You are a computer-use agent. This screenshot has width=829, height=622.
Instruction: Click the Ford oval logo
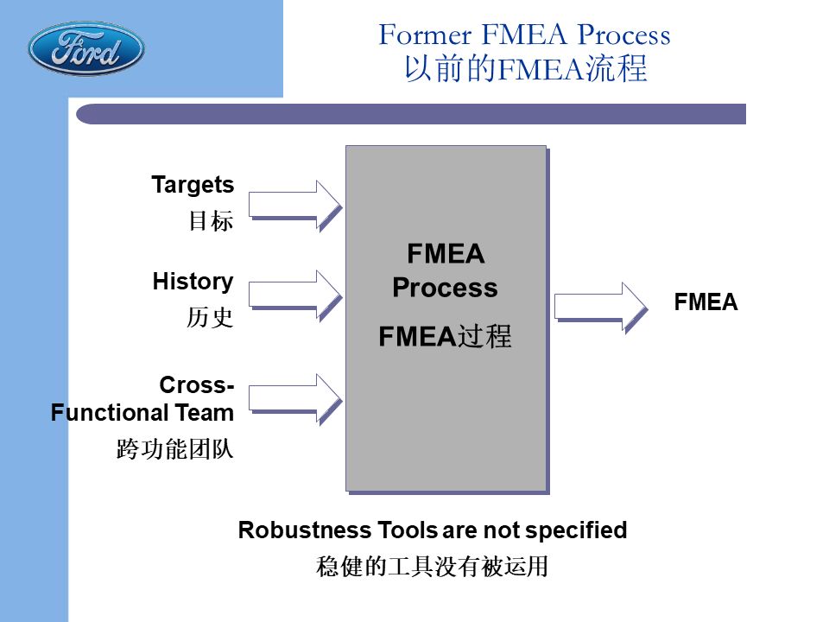point(85,49)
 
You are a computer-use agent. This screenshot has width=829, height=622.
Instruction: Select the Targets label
point(193,185)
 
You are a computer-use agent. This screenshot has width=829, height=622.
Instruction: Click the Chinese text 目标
point(211,221)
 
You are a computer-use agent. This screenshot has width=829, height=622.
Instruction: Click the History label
point(193,282)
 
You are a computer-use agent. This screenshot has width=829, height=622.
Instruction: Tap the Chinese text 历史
point(211,318)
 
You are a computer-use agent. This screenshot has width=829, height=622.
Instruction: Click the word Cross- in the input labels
point(196,384)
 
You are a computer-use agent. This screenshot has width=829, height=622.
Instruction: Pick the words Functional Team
point(142,413)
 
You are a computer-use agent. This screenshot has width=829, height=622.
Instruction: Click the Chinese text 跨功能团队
point(175,450)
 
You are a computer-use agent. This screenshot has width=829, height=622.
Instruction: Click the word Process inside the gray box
point(445,288)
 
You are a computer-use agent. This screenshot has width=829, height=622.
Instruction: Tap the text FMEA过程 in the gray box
point(445,337)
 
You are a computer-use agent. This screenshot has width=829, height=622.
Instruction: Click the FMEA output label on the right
point(706,302)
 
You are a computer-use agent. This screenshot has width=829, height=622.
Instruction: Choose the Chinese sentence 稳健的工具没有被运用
point(432,568)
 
